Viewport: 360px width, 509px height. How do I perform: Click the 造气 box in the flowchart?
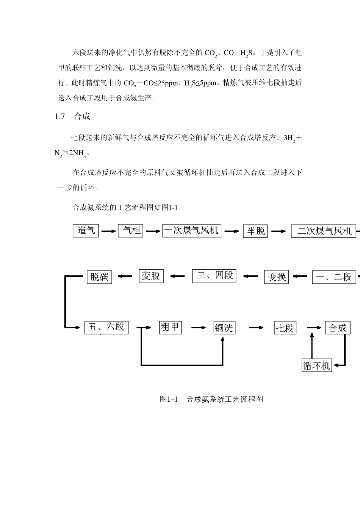(86, 231)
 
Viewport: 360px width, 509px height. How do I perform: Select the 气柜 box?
(131, 231)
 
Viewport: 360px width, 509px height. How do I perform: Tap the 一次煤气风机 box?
(192, 231)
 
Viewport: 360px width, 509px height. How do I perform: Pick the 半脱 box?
(255, 231)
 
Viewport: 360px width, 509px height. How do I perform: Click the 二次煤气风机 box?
(324, 231)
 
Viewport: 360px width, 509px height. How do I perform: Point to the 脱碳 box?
(100, 277)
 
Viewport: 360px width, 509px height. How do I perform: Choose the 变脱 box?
(151, 276)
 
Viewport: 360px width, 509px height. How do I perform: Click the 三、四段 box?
(214, 276)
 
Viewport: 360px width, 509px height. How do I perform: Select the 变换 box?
(276, 277)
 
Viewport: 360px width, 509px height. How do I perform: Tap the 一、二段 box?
(334, 277)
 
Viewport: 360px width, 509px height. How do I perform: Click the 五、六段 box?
(106, 327)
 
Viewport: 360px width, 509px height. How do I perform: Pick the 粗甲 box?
(170, 327)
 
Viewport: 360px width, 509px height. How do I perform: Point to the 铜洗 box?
(224, 328)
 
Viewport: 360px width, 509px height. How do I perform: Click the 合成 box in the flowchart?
(338, 328)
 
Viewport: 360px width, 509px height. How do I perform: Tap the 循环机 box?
(316, 365)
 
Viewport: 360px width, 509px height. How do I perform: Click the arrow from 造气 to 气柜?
(108, 231)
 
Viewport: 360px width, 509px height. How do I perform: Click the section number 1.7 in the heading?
(60, 116)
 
